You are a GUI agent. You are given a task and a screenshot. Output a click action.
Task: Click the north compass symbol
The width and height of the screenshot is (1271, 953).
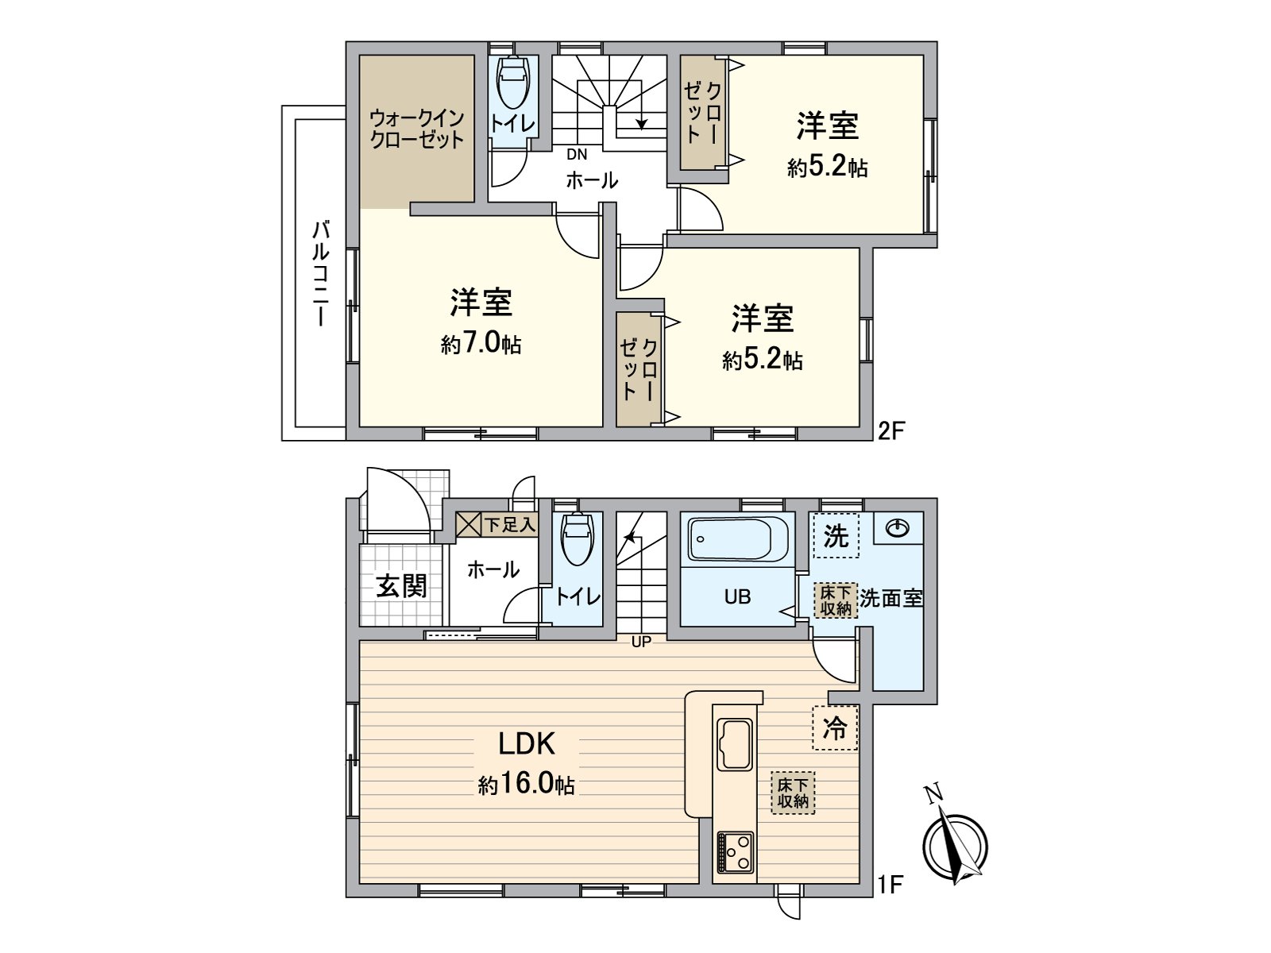pyautogui.click(x=956, y=842)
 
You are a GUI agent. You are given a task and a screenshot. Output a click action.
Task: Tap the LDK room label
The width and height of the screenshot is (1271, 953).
pyautogui.click(x=526, y=744)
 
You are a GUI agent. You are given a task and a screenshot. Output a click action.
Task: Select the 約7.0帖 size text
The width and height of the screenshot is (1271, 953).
pyautogui.click(x=481, y=344)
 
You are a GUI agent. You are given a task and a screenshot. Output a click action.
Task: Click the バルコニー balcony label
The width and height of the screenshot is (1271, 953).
pyautogui.click(x=320, y=274)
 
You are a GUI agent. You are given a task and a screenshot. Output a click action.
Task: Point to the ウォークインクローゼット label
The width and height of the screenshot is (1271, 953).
pyautogui.click(x=416, y=129)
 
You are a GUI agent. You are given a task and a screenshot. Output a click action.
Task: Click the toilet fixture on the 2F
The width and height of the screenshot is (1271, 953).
pyautogui.click(x=512, y=83)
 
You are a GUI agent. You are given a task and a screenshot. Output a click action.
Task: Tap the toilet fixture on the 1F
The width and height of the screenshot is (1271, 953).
pyautogui.click(x=577, y=540)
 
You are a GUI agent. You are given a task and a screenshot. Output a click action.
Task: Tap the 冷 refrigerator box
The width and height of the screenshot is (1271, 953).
pyautogui.click(x=835, y=727)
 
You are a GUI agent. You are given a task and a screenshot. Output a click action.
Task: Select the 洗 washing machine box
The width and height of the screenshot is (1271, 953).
pyautogui.click(x=835, y=536)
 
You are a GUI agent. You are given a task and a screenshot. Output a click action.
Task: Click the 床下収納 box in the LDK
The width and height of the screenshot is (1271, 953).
pyautogui.click(x=793, y=793)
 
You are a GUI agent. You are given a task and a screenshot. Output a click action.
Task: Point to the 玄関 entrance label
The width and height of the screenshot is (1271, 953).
pyautogui.click(x=401, y=586)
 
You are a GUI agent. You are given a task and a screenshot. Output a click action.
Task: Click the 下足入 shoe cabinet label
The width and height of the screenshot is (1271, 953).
pyautogui.click(x=510, y=524)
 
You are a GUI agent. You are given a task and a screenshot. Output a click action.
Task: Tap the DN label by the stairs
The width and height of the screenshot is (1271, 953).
pyautogui.click(x=577, y=155)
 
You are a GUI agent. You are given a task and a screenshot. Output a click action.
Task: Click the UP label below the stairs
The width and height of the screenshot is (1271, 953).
pyautogui.click(x=640, y=642)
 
